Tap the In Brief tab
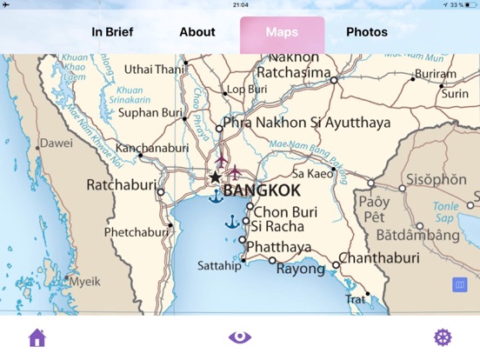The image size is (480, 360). (x=112, y=32)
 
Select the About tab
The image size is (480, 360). (x=197, y=32)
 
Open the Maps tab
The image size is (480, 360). (x=282, y=32)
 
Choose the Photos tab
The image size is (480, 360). (x=367, y=32)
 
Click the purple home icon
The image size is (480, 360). (x=37, y=337)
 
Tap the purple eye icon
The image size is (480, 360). (x=240, y=337)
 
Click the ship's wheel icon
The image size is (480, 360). (x=443, y=337)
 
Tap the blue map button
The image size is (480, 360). (x=460, y=284)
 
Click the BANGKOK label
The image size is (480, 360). (x=262, y=190)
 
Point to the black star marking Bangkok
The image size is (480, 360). (x=215, y=177)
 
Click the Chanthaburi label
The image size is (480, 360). (x=379, y=258)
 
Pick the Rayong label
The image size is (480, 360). (x=300, y=270)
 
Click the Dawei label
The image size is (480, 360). (x=57, y=143)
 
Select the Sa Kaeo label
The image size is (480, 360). (x=311, y=174)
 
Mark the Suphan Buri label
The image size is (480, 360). (x=150, y=112)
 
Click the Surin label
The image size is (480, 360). (x=455, y=94)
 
